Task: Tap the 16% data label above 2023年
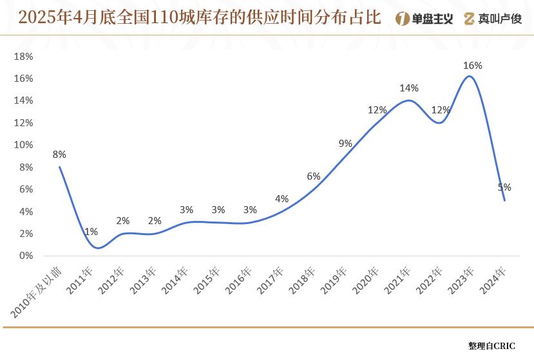[x=473, y=66]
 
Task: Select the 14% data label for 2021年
[x=409, y=88]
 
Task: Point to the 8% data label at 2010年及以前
[x=59, y=155]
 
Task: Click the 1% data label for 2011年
[x=91, y=232]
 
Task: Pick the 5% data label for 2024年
[x=504, y=187]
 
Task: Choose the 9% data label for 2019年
[x=345, y=144]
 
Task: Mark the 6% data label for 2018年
[x=314, y=176]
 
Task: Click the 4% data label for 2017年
[x=281, y=199]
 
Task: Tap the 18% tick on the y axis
[x=23, y=57]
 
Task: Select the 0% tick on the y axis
[x=26, y=256]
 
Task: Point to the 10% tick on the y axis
[x=23, y=145]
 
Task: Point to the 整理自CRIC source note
[x=492, y=346]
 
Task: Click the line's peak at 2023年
[x=470, y=76]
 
